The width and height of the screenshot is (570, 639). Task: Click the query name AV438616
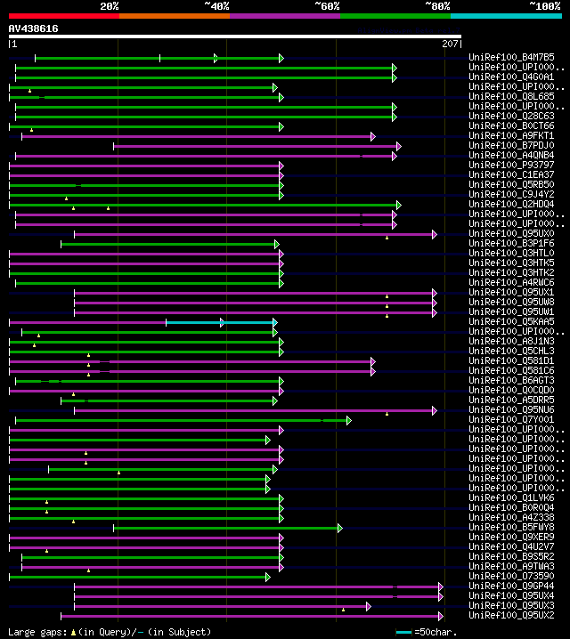34,28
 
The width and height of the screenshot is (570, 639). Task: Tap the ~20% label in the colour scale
110,5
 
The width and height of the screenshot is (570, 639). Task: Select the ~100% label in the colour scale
545,5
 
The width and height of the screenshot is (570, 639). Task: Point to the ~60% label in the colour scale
327,5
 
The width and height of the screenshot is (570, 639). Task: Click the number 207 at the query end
450,43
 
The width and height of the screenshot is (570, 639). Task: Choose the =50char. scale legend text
436,632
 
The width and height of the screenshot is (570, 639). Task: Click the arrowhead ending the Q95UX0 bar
435,234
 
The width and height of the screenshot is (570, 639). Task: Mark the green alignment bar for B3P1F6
169,244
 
